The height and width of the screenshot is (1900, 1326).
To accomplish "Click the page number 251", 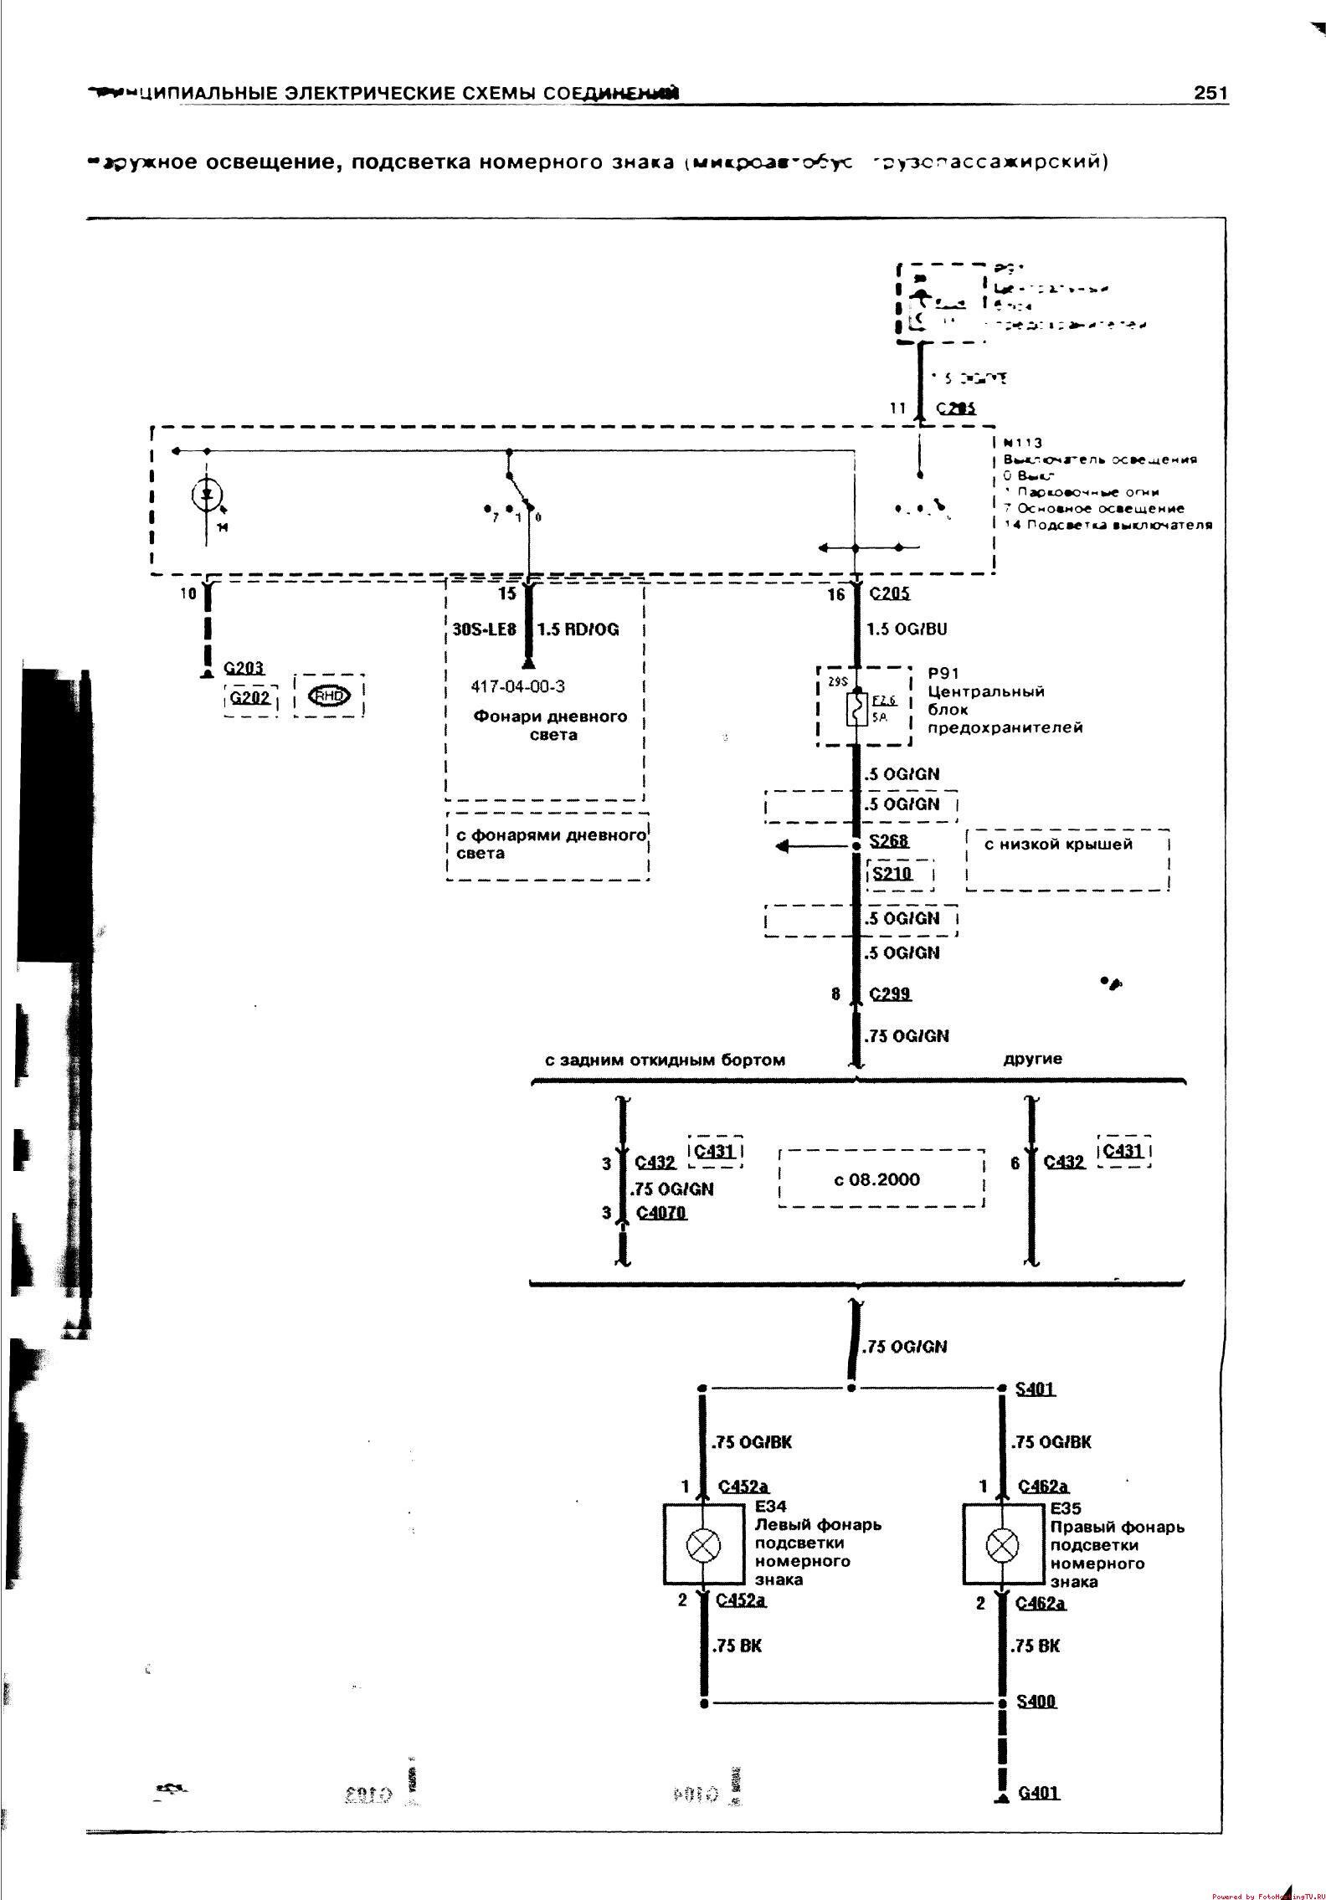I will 1210,92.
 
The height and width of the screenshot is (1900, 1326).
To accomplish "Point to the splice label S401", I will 1036,1389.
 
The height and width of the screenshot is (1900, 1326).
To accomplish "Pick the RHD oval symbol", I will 329,696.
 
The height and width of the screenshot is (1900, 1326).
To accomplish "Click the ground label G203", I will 244,668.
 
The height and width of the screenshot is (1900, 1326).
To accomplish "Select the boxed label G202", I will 249,696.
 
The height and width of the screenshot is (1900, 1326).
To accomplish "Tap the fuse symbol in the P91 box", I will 857,709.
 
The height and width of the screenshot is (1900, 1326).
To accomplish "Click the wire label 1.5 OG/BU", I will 908,629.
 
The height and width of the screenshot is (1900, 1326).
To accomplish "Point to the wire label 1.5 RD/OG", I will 578,629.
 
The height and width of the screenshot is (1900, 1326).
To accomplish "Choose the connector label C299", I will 891,994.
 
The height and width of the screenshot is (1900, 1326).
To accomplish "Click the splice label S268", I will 889,840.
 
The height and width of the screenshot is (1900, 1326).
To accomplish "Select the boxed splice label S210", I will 892,874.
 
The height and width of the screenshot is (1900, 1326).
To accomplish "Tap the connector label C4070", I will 661,1213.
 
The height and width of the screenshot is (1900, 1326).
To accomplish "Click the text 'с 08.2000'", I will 876,1180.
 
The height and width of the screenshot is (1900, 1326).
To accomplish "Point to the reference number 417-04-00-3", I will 517,686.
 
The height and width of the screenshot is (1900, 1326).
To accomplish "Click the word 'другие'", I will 1033,1059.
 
